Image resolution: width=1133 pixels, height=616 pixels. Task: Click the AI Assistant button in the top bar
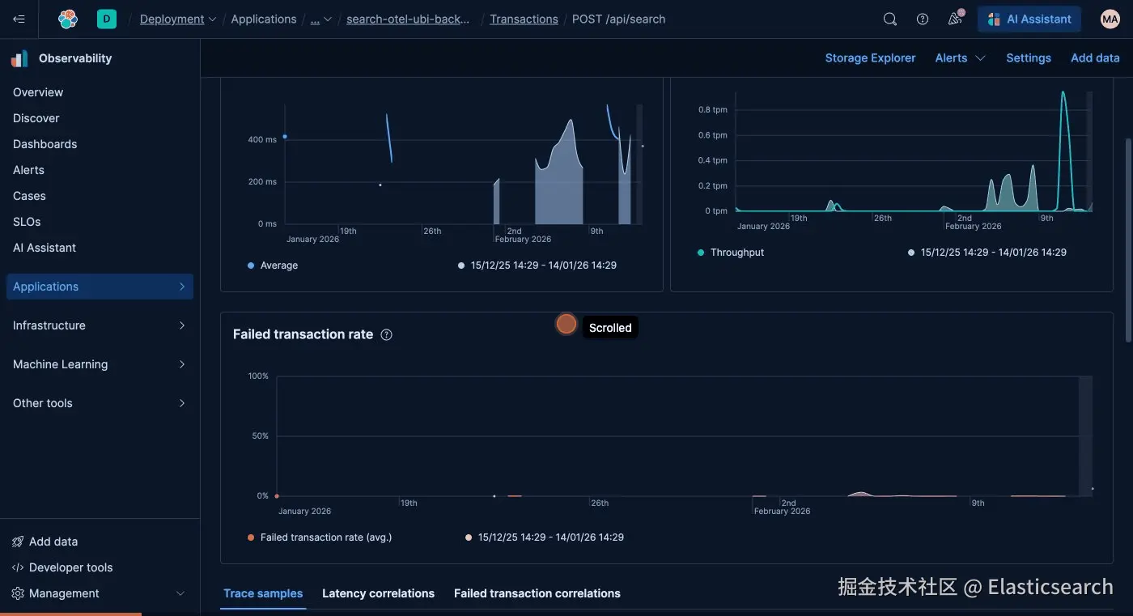[x=1029, y=19]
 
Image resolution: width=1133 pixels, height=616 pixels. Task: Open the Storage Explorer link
[x=870, y=58]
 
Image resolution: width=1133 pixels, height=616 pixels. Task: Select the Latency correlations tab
[x=378, y=593]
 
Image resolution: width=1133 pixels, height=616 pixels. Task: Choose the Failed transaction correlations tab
[x=537, y=593]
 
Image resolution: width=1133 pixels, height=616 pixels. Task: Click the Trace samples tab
[x=263, y=593]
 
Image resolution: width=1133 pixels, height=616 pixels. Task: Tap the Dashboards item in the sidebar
[x=45, y=144]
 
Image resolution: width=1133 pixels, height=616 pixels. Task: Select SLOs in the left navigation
[x=27, y=222]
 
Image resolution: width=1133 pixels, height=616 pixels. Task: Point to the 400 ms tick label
[x=262, y=139]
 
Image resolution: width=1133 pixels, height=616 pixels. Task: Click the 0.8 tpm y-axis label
[x=712, y=110]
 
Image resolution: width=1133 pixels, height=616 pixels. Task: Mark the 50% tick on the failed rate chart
[x=260, y=436]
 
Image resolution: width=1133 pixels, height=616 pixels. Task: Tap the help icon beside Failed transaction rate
[x=387, y=335]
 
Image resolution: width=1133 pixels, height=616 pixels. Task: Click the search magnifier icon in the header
[x=889, y=19]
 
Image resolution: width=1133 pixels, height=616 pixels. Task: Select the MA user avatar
[x=1110, y=19]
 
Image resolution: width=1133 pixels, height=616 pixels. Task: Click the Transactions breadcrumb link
[x=524, y=19]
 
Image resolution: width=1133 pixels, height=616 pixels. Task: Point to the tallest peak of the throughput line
[x=1063, y=92]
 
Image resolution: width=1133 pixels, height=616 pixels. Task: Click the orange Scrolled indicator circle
[x=566, y=324]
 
